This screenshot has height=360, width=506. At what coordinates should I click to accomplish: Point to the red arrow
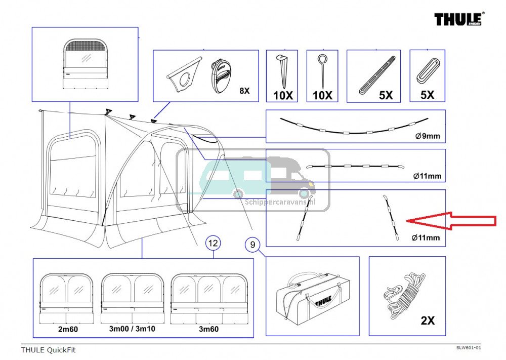click(x=450, y=220)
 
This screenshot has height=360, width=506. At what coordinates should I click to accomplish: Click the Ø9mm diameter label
click(x=428, y=136)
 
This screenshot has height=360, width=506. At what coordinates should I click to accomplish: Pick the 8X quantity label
click(x=244, y=91)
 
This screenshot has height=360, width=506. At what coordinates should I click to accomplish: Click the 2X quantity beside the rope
click(x=427, y=321)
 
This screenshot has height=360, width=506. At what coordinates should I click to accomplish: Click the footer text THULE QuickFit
click(x=48, y=349)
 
